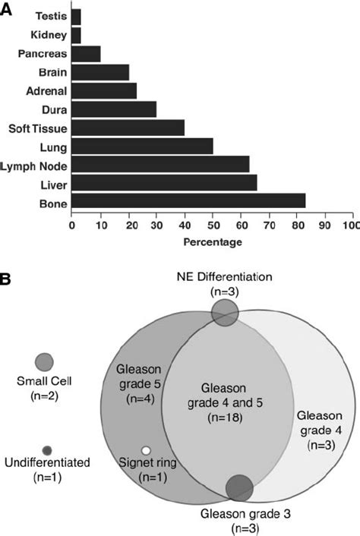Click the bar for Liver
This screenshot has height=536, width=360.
pyautogui.click(x=164, y=183)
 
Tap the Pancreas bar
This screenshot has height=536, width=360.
pyautogui.click(x=85, y=54)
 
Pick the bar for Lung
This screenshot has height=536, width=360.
pyautogui.click(x=142, y=146)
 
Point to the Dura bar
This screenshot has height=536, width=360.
pyautogui.click(x=114, y=109)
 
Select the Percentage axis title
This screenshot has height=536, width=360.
pyautogui.click(x=213, y=242)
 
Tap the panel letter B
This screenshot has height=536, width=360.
pyautogui.click(x=7, y=279)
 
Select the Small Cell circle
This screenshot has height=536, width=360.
pyautogui.click(x=44, y=361)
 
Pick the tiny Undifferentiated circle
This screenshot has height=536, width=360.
pyautogui.click(x=47, y=450)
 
